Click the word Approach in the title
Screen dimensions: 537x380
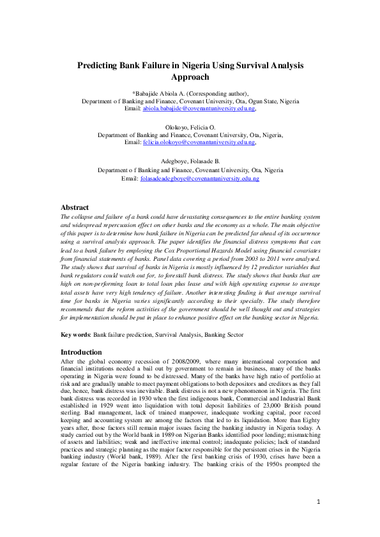pos(190,77)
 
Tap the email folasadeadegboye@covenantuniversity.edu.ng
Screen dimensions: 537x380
pos(199,179)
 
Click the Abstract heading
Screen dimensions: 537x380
pos(75,208)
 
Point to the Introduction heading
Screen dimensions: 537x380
pos(81,352)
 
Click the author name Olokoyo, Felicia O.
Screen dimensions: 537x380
pos(190,128)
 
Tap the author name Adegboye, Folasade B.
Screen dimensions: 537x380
pos(190,163)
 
